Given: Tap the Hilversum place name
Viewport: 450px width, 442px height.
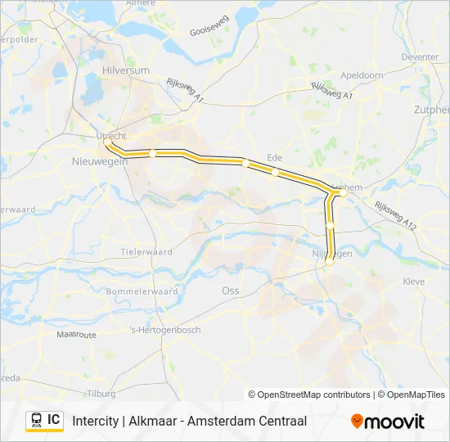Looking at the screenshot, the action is [126, 70].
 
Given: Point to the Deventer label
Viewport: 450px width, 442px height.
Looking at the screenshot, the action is [420, 57].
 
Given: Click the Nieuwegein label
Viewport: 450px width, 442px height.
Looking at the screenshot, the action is [101, 161].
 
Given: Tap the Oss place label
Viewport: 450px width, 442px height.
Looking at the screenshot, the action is [230, 290].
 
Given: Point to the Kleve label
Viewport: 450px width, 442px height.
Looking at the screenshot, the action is [414, 281].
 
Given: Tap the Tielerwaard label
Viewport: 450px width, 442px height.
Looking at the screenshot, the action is [146, 252].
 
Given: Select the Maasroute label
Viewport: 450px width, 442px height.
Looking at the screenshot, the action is [77, 335].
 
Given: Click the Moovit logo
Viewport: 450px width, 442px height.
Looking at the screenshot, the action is [388, 421].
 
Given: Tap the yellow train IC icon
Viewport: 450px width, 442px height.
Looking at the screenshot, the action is [44, 420].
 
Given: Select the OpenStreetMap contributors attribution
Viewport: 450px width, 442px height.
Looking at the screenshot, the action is [309, 395].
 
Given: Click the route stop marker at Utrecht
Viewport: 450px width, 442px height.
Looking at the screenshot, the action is [108, 142].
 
